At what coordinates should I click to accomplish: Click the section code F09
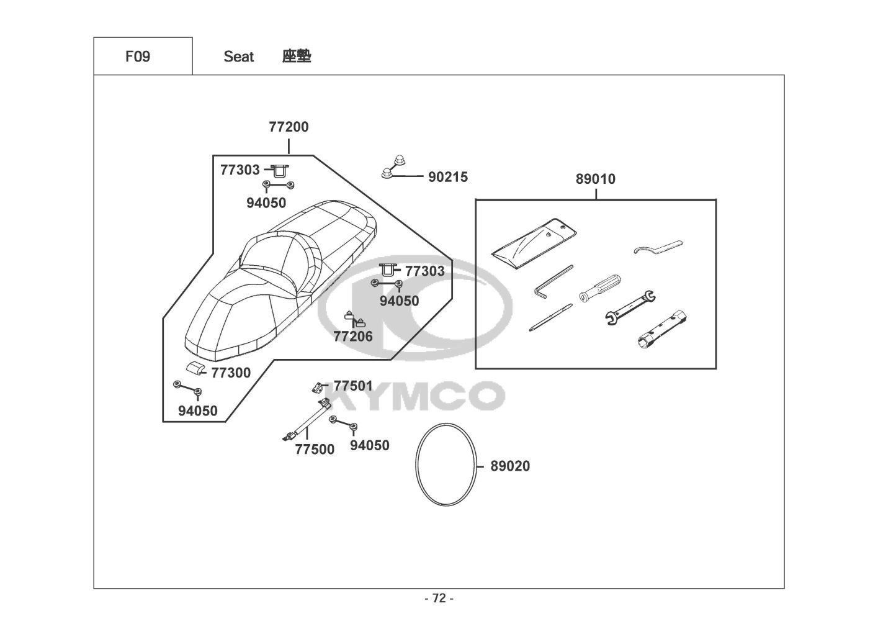pyautogui.click(x=137, y=57)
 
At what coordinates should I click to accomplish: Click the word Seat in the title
pyautogui.click(x=238, y=57)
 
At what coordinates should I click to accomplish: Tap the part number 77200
pyautogui.click(x=289, y=127)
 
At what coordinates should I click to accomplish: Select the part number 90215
pyautogui.click(x=448, y=177)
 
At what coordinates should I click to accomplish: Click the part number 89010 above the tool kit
pyautogui.click(x=595, y=179)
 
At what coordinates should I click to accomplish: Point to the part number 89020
pyautogui.click(x=510, y=466)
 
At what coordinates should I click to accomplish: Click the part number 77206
pyautogui.click(x=353, y=337)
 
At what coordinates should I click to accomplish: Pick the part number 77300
pyautogui.click(x=231, y=373)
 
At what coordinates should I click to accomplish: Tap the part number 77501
pyautogui.click(x=353, y=386)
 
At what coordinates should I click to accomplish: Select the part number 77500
pyautogui.click(x=315, y=449)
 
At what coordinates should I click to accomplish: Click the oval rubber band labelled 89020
pyautogui.click(x=446, y=462)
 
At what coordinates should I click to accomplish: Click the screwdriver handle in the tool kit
pyautogui.click(x=600, y=288)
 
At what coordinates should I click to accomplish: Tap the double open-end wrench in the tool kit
pyautogui.click(x=630, y=307)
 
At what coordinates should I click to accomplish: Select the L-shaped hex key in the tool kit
pyautogui.click(x=553, y=281)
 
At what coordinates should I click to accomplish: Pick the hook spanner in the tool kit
pyautogui.click(x=658, y=247)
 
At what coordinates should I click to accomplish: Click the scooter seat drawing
pyautogui.click(x=279, y=279)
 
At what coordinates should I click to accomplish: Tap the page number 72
pyautogui.click(x=439, y=599)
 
